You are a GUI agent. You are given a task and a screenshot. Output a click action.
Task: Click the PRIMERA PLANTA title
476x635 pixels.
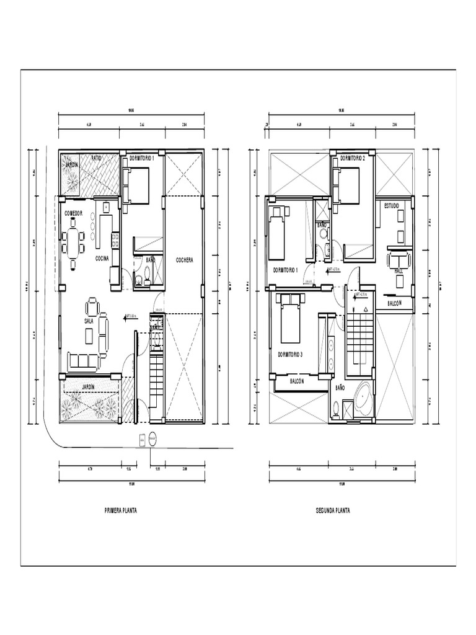click(120, 511)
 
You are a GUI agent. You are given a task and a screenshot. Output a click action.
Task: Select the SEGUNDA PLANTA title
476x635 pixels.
click(333, 511)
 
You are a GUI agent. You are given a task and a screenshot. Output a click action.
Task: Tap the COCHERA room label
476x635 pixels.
click(184, 260)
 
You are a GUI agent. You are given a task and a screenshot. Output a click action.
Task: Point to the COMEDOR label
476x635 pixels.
click(74, 213)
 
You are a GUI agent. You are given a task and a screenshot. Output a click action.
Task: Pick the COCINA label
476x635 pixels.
click(103, 258)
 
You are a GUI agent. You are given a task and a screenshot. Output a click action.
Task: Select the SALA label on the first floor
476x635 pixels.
click(89, 321)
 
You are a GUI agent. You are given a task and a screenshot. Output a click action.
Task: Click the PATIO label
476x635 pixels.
click(97, 159)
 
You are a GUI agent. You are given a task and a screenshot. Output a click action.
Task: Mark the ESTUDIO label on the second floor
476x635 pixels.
click(392, 205)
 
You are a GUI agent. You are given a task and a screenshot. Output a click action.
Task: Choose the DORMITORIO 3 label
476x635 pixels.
click(290, 355)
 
